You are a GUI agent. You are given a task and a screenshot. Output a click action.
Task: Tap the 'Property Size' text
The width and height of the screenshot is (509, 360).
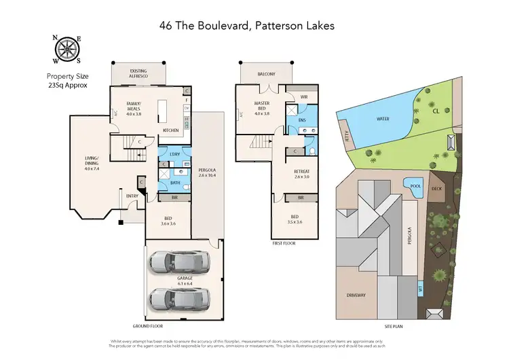(67, 77)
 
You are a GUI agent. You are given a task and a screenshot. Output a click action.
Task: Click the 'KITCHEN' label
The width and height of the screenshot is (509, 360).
(170, 130)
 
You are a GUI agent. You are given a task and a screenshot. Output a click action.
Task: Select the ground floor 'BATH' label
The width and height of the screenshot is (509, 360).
(175, 182)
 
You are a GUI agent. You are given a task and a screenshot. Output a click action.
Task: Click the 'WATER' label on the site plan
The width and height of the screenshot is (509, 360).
(383, 118)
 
